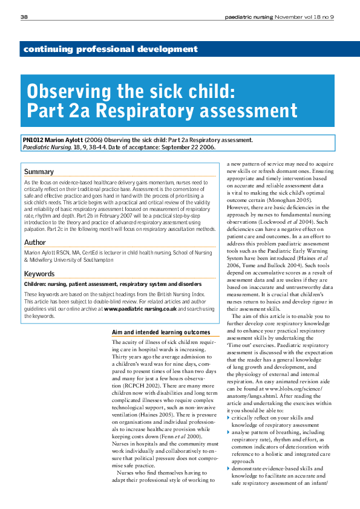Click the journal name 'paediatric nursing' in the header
coord(250,16)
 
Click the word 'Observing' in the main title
coord(68,92)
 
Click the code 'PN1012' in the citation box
coord(33,140)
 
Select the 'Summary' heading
coord(39,172)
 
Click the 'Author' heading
coord(35,242)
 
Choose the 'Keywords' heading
coord(39,274)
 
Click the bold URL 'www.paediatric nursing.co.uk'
coord(140,308)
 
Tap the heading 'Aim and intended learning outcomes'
coord(161,332)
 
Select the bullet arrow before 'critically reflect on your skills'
coord(228,418)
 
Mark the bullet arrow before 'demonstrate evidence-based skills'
coord(228,468)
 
